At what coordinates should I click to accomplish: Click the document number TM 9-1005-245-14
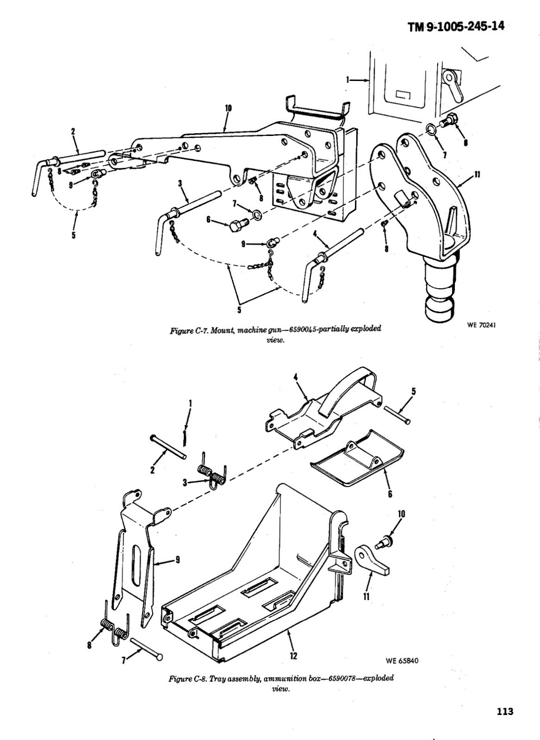[x=456, y=27]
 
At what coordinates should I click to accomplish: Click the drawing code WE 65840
[x=401, y=660]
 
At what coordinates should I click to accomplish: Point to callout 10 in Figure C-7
[x=228, y=109]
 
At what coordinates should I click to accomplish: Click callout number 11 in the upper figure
[x=477, y=175]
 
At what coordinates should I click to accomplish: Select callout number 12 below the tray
[x=293, y=656]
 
